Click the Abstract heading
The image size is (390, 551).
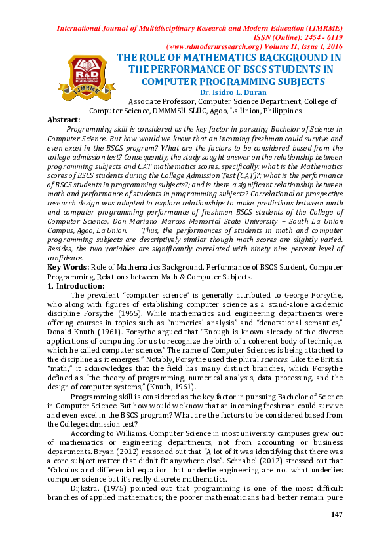click(64, 120)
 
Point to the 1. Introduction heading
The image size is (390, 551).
click(76, 286)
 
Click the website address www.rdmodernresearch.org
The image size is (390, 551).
click(216, 47)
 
